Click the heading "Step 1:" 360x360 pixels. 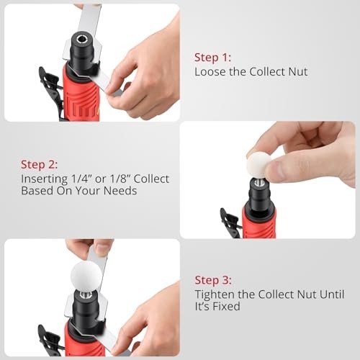(212, 58)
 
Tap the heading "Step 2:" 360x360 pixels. (39, 165)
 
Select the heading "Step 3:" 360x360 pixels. (213, 280)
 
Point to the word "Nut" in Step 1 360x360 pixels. (298, 71)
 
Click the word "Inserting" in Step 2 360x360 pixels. (45, 179)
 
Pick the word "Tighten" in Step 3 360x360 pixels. (215, 294)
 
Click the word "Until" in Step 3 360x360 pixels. (332, 294)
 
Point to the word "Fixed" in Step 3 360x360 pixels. (227, 306)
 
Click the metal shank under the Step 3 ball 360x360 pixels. (86, 295)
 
